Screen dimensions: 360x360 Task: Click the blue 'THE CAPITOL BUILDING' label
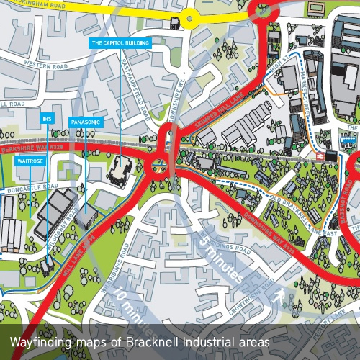[x=120, y=43]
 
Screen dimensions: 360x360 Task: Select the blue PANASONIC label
[x=85, y=122]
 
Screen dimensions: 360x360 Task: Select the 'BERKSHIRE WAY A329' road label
[x=26, y=143]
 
